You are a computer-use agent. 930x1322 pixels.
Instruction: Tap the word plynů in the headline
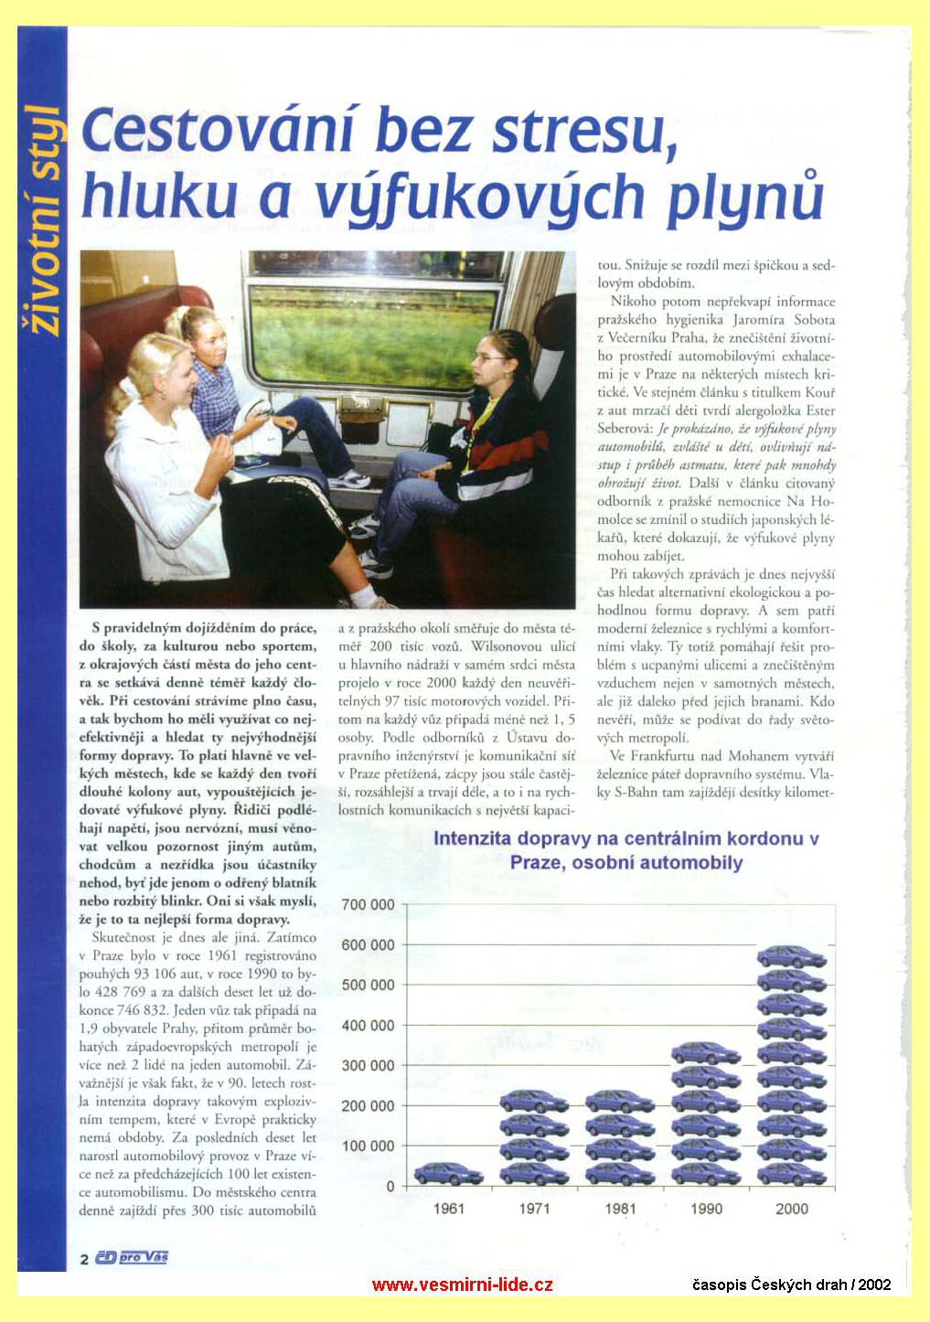pos(742,198)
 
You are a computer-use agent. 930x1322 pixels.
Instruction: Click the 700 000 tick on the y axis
pos(368,904)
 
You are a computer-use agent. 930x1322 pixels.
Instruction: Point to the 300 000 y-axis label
pos(368,1065)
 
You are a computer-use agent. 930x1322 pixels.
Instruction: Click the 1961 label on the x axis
pos(448,1209)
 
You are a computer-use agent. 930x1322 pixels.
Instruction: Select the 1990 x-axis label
pos(706,1209)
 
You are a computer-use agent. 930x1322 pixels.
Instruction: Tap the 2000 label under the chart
pos(791,1209)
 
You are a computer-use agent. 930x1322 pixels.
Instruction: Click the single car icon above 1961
pos(448,1173)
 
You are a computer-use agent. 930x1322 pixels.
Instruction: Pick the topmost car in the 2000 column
pos(791,957)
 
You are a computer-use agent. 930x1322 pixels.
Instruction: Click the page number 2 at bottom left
pos(84,1259)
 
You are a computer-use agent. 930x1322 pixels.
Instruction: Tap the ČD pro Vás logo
pos(132,1258)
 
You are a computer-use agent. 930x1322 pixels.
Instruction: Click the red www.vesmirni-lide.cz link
pos(462,1285)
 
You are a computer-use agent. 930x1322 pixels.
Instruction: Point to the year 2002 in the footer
pos(873,1285)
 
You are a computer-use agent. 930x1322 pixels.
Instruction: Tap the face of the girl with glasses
pos(489,363)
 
